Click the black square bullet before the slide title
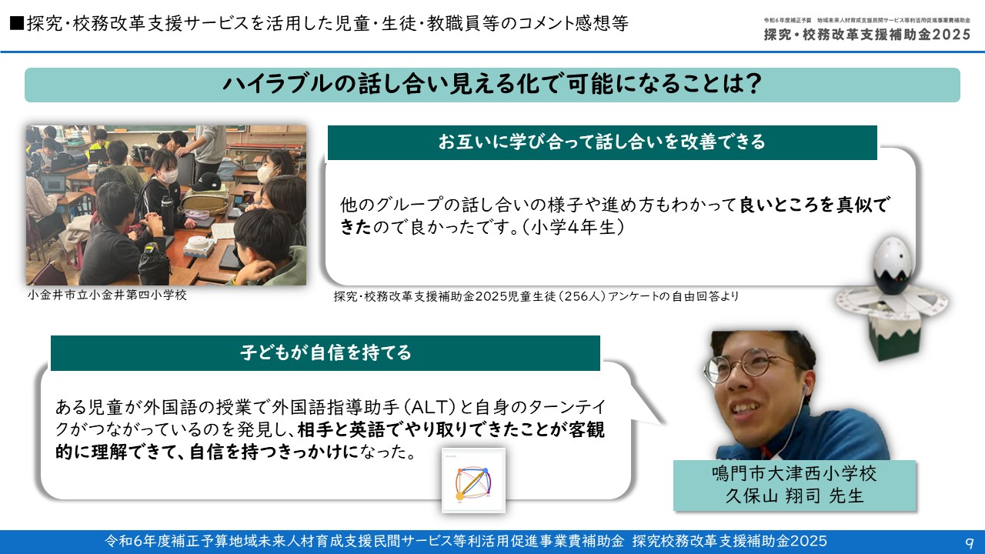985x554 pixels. tap(17, 23)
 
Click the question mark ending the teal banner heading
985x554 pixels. tap(753, 84)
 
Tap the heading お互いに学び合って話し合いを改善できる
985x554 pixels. tap(602, 142)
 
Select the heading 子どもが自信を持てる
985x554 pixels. tap(326, 352)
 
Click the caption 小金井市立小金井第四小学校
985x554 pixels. tap(107, 295)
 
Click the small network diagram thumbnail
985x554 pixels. tap(473, 481)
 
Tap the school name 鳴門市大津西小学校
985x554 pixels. tap(794, 473)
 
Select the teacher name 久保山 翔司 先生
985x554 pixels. tap(794, 496)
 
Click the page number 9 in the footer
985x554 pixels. tap(969, 542)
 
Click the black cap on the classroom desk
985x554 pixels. tap(206, 182)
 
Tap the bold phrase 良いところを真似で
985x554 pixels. tap(814, 205)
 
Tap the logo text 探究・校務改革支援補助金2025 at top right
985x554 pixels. tap(867, 35)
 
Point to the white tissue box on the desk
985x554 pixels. tap(198, 248)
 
